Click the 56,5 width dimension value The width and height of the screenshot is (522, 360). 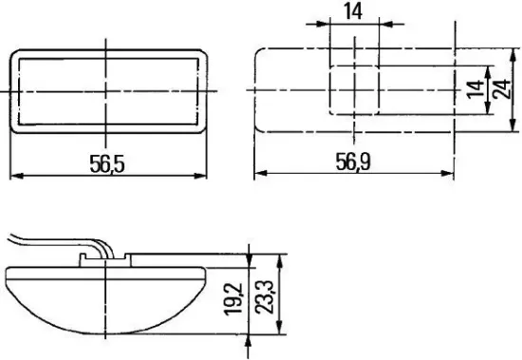point(107,163)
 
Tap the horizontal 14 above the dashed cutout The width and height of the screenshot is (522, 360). point(353,12)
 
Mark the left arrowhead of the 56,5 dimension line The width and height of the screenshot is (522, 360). point(14,175)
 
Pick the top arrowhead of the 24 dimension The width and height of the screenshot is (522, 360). point(513,52)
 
